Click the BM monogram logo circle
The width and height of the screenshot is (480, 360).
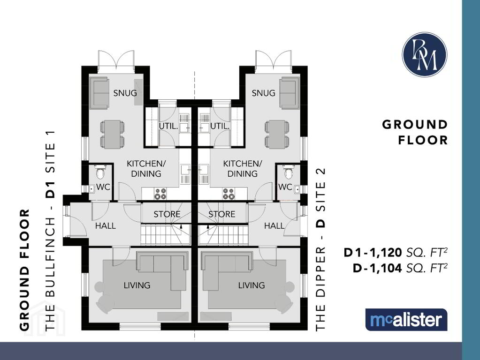(x=424, y=54)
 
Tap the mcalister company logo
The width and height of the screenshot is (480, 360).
(x=406, y=320)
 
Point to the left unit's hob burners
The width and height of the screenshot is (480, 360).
(x=160, y=194)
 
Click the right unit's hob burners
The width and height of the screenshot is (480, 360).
(x=229, y=194)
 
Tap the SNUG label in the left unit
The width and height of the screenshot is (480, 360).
(x=125, y=93)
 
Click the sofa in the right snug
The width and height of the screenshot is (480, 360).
(x=290, y=93)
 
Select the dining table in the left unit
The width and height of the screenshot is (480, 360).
(x=112, y=134)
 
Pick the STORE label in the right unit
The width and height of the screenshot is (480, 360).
(x=221, y=214)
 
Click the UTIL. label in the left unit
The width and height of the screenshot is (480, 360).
(x=168, y=126)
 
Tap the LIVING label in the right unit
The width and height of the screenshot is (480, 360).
(x=251, y=285)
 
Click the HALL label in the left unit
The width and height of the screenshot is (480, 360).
(x=105, y=226)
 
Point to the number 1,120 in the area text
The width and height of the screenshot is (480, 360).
(x=386, y=253)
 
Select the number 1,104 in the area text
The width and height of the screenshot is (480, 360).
(x=386, y=268)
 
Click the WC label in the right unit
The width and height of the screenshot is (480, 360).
(x=285, y=187)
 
